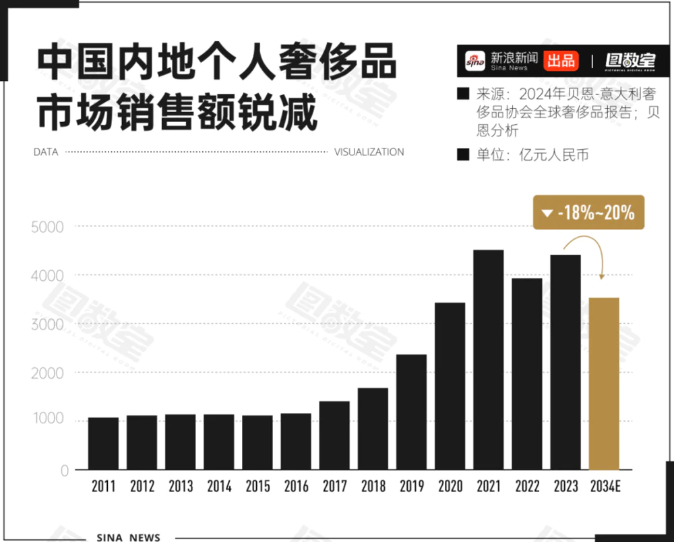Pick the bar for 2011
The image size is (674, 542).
coord(103,443)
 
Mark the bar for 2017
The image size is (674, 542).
coord(334,435)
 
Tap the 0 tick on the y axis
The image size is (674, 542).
coord(65,471)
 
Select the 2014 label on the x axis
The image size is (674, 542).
coord(219,487)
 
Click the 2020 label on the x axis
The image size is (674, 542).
coord(450,487)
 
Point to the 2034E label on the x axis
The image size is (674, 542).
coord(605,487)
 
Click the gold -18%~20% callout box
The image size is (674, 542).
coord(588,213)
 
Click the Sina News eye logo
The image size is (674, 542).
coord(474,61)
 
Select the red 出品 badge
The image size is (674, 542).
coord(561,61)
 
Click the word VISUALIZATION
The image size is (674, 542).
coord(369,153)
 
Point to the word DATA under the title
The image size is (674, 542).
coord(46,153)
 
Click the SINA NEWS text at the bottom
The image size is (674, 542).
coord(128,537)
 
